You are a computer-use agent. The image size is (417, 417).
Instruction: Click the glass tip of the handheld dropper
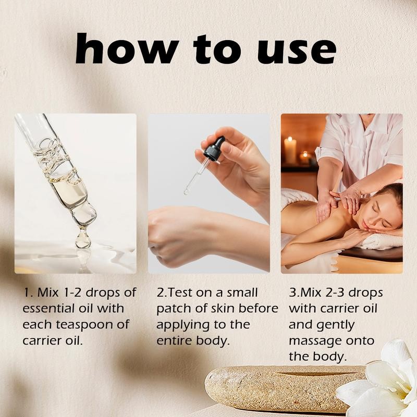click(x=187, y=191)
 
